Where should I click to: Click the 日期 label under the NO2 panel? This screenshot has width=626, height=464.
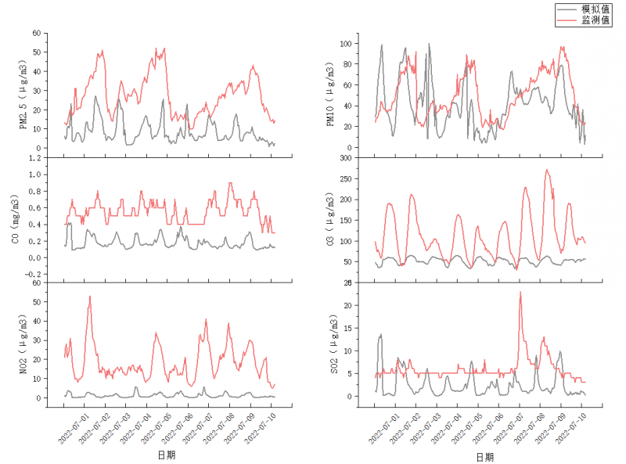166,455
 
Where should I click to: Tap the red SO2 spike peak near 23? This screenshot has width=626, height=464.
520,293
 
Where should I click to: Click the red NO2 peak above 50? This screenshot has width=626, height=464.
90,297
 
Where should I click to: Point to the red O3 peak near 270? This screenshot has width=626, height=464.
547,170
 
